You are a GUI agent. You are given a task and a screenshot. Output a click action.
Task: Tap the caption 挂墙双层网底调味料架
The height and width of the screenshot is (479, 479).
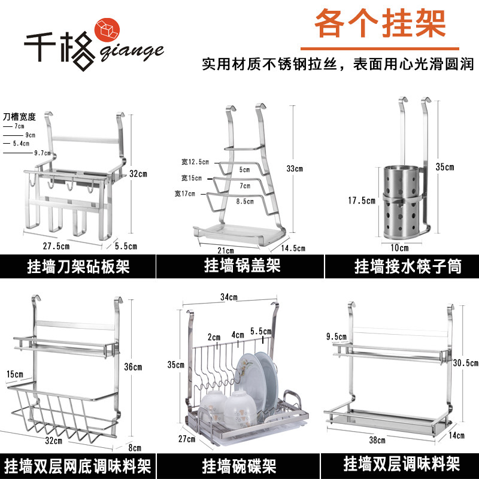point(78,465)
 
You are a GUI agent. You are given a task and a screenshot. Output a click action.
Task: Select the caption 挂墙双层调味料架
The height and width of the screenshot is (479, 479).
point(402,465)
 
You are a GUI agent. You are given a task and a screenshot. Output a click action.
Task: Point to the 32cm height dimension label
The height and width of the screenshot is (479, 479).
point(138,174)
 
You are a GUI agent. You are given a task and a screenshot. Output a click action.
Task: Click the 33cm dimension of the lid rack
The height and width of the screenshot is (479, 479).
point(295,169)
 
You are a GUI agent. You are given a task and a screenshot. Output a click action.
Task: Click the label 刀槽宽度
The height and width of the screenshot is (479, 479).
point(19,116)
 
